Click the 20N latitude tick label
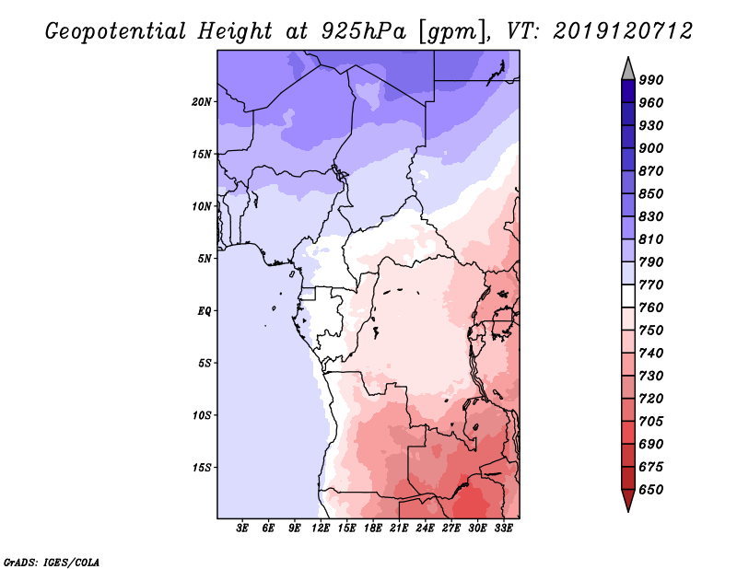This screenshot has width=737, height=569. [x=202, y=101]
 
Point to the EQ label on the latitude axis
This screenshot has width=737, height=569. [x=205, y=310]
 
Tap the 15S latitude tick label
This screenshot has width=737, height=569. [x=202, y=467]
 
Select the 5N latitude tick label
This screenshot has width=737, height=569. [x=205, y=258]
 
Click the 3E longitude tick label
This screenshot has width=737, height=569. [x=243, y=528]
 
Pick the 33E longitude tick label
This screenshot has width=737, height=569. [x=504, y=528]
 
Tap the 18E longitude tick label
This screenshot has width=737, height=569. [x=373, y=528]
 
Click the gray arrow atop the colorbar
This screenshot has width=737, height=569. [x=627, y=68]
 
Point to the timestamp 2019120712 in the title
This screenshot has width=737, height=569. [x=623, y=31]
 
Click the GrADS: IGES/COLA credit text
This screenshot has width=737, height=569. [x=51, y=561]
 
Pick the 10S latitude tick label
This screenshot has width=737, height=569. [x=202, y=414]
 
